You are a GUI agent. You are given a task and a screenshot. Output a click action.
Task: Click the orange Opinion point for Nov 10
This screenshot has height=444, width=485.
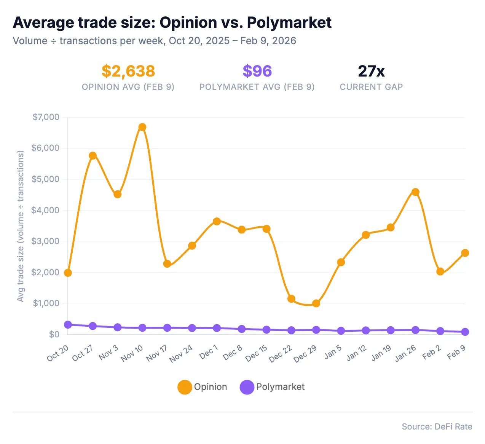click(x=142, y=127)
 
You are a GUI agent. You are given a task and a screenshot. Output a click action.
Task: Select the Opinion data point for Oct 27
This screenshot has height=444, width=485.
click(x=93, y=156)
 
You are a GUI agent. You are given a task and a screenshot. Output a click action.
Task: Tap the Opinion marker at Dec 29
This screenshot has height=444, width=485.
click(x=316, y=303)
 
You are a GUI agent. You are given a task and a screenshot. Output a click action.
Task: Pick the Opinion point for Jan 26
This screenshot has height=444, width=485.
click(x=415, y=192)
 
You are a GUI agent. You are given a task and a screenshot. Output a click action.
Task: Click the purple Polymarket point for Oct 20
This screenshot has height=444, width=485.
click(x=68, y=325)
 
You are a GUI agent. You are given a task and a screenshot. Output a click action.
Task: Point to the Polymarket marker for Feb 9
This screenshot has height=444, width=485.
click(x=465, y=332)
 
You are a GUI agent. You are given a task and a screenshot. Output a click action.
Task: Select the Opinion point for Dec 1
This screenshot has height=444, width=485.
click(x=217, y=221)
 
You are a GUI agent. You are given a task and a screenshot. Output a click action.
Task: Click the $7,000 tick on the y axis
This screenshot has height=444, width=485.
click(x=46, y=117)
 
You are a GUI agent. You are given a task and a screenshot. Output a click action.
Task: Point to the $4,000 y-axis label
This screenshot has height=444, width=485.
click(x=46, y=210)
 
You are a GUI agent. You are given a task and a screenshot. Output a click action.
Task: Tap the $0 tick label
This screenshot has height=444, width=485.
click(x=54, y=334)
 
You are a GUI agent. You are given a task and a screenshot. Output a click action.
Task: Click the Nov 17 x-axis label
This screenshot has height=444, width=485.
click(x=157, y=353)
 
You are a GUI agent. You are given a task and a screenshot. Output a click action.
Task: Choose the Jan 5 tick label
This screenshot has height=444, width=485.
click(x=333, y=352)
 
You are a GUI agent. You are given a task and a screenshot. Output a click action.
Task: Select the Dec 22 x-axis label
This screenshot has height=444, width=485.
click(x=281, y=354)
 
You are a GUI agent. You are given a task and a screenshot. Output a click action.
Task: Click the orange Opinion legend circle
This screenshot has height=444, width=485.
click(x=185, y=387)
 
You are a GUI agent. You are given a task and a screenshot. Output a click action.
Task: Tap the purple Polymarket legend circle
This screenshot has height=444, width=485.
click(x=247, y=387)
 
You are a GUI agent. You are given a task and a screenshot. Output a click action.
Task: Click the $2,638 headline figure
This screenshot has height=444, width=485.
click(x=128, y=71)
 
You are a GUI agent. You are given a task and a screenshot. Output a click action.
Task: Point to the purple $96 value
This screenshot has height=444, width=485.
click(x=257, y=71)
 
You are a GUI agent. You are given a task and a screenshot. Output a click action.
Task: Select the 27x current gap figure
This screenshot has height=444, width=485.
click(x=371, y=71)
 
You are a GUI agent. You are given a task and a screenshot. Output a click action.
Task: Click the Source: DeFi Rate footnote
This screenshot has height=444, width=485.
click(x=437, y=426)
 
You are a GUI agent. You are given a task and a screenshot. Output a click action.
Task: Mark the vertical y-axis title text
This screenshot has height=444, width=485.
click(x=21, y=226)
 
